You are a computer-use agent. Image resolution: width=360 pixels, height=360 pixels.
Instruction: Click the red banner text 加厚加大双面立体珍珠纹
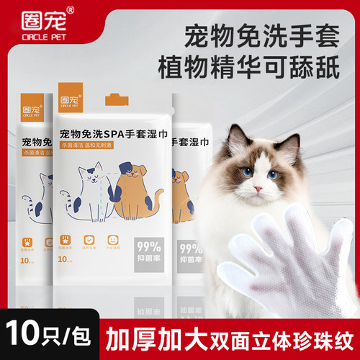point(227,336)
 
